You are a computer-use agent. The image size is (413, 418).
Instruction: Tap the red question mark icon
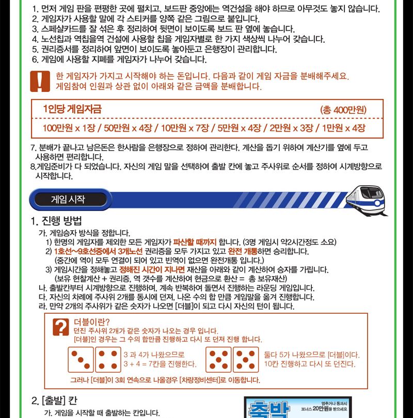tap(62, 326)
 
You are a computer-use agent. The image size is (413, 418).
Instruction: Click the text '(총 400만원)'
tap(343, 109)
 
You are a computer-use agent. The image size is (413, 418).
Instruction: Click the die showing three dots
tap(81, 359)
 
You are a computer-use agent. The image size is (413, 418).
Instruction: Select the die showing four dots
tap(108, 359)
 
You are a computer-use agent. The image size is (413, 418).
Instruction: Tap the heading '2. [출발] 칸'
tap(55, 400)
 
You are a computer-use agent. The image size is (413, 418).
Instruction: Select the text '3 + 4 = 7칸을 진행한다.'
tap(160, 364)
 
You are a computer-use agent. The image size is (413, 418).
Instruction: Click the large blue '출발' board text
tap(267, 410)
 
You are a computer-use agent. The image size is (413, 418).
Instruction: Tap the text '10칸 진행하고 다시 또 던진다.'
tap(309, 364)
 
